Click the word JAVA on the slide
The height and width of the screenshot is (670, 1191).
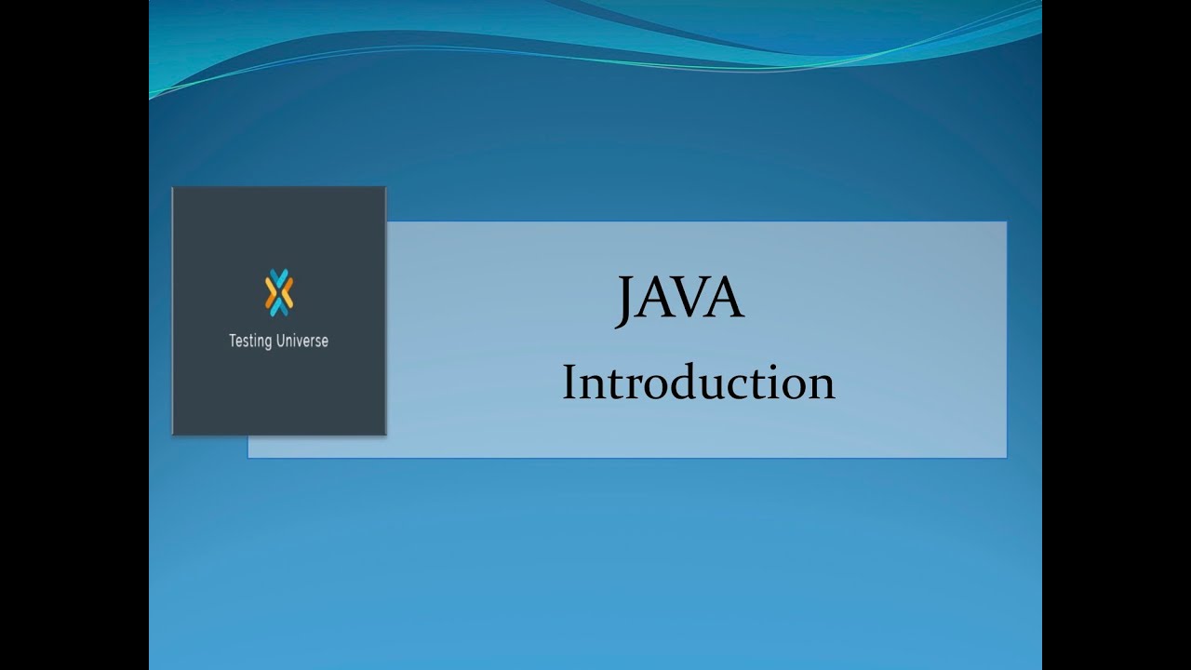pos(680,300)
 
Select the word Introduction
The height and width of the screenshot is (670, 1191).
pos(698,383)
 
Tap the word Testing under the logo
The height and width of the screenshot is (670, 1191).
pos(250,342)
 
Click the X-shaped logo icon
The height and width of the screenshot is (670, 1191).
pos(278,292)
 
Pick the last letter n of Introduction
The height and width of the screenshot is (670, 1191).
pos(821,385)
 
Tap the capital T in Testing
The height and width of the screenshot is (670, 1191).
pos(233,341)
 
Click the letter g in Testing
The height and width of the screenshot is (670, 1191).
pos(269,343)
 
